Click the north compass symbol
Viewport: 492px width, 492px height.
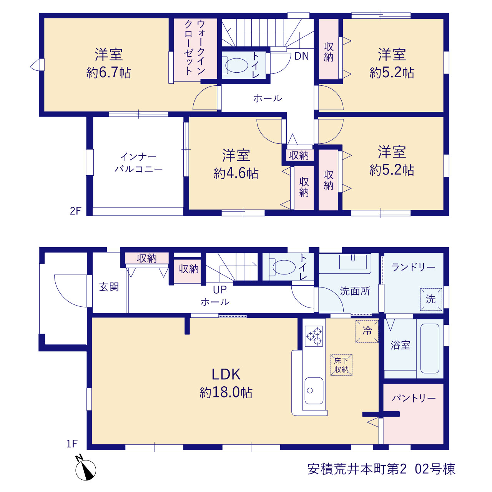[x=85, y=469]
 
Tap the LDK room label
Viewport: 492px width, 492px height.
[x=226, y=374]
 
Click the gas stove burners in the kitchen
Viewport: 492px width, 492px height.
[x=314, y=336]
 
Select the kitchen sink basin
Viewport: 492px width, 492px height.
[x=314, y=391]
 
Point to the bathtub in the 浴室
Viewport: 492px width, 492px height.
[x=430, y=349]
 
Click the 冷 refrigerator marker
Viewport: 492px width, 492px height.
[x=367, y=331]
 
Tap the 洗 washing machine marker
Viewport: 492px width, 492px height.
[x=431, y=299]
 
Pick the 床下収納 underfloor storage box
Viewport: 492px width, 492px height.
[x=341, y=365]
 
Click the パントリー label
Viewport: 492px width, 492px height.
[x=414, y=398]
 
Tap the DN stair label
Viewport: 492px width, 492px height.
[x=301, y=56]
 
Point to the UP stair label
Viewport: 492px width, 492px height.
[x=220, y=289]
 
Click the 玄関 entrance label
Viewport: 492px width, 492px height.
[x=109, y=287]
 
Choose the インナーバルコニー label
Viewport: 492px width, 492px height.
[x=138, y=163]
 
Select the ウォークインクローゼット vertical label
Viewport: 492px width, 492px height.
[x=194, y=48]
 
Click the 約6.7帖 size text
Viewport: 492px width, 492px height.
[x=109, y=73]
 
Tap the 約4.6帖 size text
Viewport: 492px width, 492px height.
[x=236, y=174]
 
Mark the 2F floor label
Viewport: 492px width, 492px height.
[x=75, y=211]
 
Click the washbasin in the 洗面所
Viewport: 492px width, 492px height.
[x=353, y=262]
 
